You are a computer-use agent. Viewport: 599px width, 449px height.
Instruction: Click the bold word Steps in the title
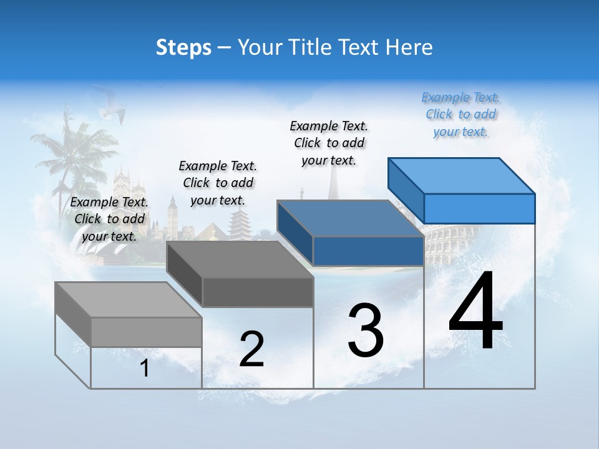[x=183, y=47]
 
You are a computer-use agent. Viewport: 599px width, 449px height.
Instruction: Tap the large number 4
[x=475, y=312]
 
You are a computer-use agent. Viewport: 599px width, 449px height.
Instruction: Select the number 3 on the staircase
[x=366, y=331]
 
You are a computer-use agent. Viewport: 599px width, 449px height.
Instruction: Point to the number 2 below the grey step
[x=251, y=349]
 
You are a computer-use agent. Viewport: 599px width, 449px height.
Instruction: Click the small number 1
[x=145, y=369]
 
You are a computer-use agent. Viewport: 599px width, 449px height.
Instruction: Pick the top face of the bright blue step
[x=460, y=176]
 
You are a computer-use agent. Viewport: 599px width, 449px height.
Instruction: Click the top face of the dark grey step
[x=240, y=259]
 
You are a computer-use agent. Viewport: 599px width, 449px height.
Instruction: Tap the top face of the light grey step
[x=128, y=300]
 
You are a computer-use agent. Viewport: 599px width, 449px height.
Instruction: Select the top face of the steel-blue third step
[x=349, y=218]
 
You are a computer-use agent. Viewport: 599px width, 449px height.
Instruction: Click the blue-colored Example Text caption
[x=460, y=114]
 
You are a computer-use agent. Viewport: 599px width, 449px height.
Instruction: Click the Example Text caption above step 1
[x=109, y=219]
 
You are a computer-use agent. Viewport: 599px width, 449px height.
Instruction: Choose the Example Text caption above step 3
[x=329, y=143]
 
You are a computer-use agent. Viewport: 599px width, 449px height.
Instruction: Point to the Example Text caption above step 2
[x=218, y=183]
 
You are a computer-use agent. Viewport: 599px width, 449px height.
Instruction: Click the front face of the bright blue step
[x=479, y=208]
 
